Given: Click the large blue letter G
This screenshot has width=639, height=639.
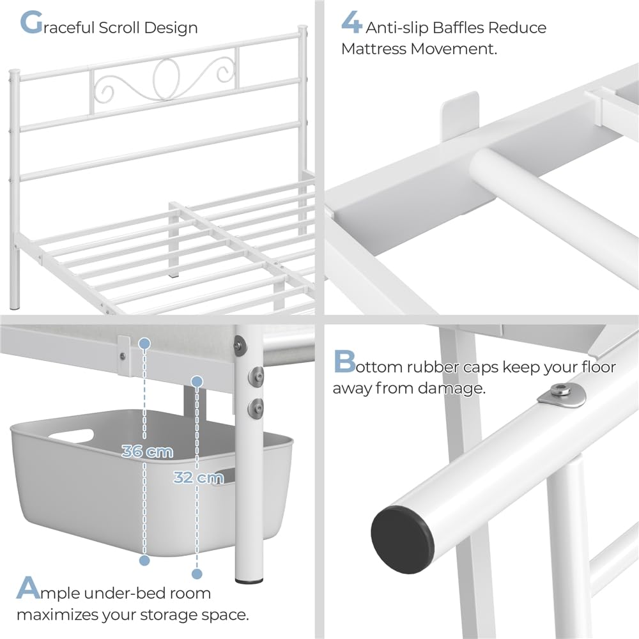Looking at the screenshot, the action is pyautogui.click(x=31, y=22).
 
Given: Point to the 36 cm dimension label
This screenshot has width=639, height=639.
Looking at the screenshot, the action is pyautogui.click(x=147, y=451).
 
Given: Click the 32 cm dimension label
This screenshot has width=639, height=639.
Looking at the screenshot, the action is pyautogui.click(x=199, y=477).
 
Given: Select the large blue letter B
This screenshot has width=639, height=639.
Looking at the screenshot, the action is pyautogui.click(x=344, y=361).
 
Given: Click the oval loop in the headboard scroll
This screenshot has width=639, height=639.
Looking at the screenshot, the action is pyautogui.click(x=166, y=79).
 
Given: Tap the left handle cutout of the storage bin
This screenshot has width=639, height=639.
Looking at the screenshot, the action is pyautogui.click(x=72, y=436).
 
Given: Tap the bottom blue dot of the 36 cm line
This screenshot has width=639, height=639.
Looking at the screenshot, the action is pyautogui.click(x=144, y=560).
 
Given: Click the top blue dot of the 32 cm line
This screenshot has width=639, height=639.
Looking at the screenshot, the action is pyautogui.click(x=197, y=381).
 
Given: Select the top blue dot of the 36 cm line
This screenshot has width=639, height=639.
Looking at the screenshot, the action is pyautogui.click(x=144, y=344).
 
